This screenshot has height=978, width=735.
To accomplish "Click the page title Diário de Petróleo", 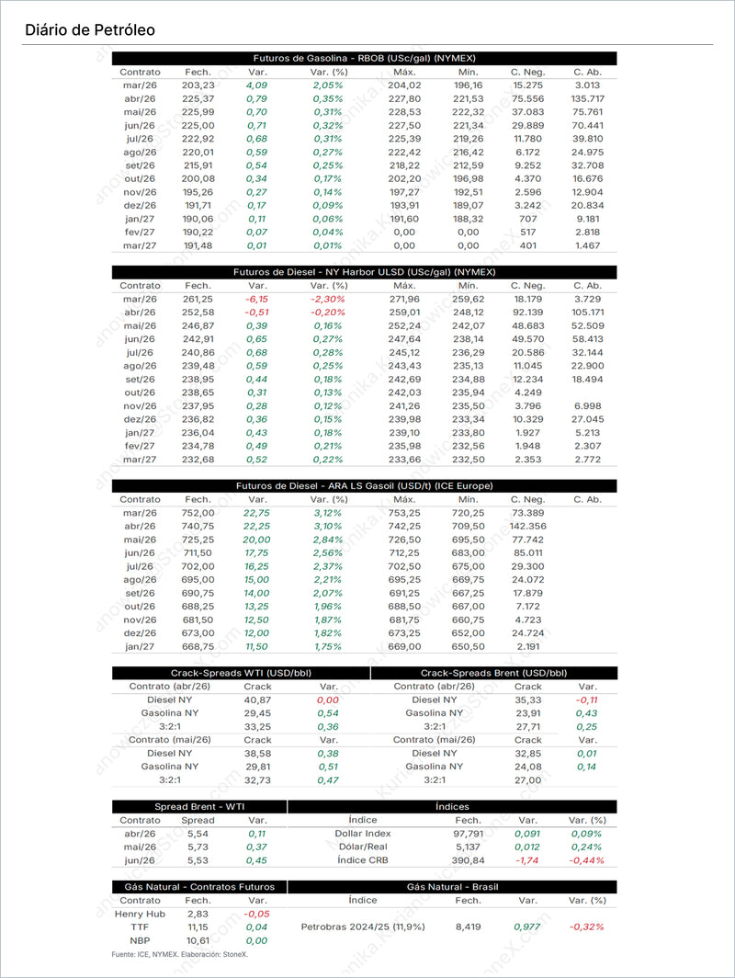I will click(x=90, y=30).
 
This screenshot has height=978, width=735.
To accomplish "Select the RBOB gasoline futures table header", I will click(x=364, y=58).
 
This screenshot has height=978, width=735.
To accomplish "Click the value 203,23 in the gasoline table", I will click(x=198, y=85).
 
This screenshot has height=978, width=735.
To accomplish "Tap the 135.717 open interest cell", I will click(x=587, y=98).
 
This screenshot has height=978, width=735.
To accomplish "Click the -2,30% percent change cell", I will click(x=328, y=299).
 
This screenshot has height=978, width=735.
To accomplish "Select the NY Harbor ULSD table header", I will click(x=364, y=272).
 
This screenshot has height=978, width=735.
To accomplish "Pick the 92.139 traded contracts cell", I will click(x=527, y=313).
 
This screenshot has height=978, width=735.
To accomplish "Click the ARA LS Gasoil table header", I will click(x=364, y=485).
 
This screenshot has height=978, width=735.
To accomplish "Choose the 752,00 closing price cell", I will click(x=198, y=513).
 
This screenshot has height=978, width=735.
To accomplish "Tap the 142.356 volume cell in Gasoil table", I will click(x=527, y=526).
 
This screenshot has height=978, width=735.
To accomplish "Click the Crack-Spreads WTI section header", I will click(x=241, y=673).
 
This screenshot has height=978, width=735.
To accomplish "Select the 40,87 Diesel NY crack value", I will click(x=257, y=700).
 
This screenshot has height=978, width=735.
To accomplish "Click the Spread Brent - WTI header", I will click(x=199, y=806).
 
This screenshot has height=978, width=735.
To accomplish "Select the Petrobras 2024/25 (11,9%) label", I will click(x=363, y=927).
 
